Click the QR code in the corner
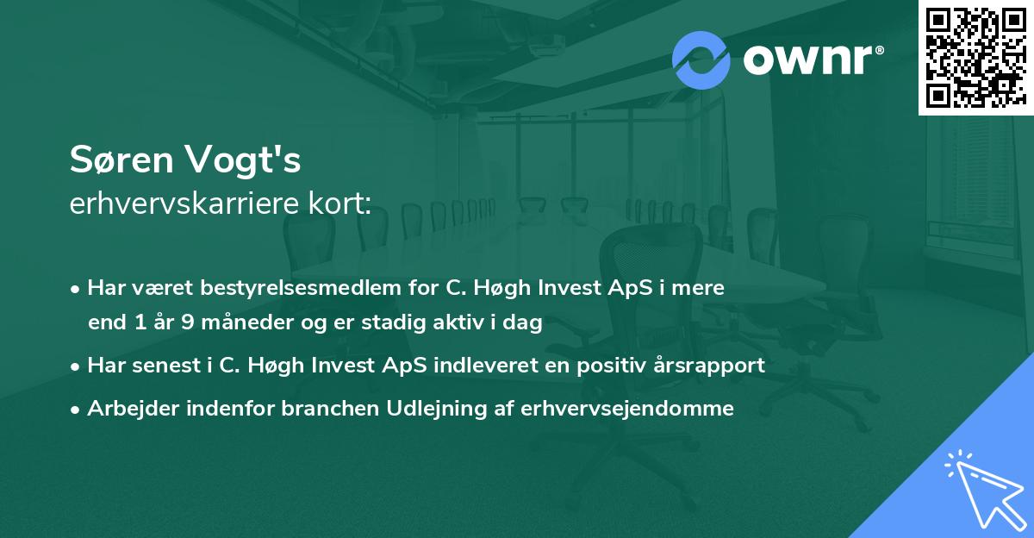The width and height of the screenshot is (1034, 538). click(975, 57)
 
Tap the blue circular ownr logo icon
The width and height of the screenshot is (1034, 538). click(701, 59)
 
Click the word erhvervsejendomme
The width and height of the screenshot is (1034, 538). click(627, 408)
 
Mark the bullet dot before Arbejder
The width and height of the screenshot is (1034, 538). click(77, 409)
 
